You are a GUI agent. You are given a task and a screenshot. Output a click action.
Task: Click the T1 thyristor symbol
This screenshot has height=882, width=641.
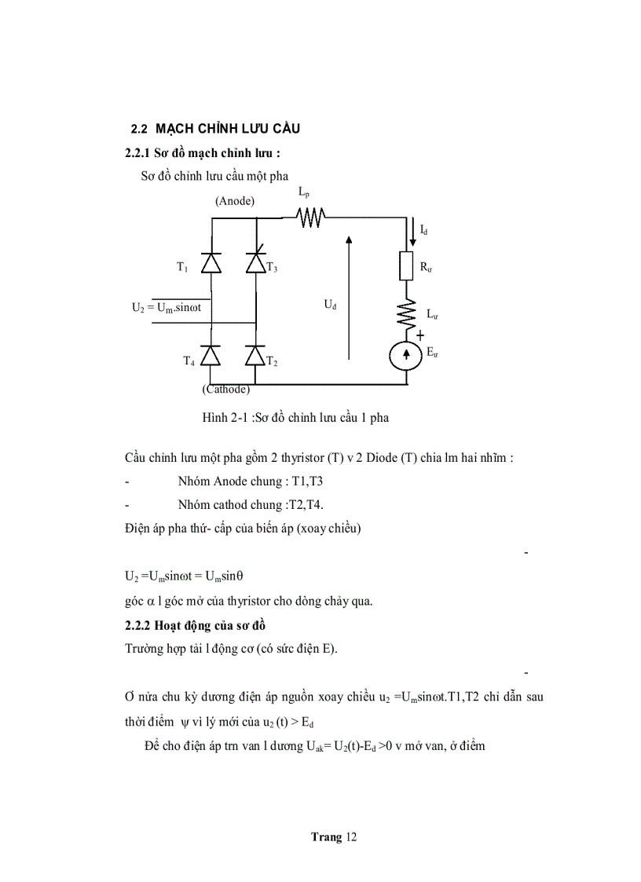[x=211, y=263]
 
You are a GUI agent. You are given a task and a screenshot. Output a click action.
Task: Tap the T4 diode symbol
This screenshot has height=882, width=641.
[x=211, y=356]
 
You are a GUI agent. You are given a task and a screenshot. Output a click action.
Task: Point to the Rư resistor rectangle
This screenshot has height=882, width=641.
[x=407, y=267]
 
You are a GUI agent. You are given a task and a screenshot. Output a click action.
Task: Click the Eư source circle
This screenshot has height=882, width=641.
[x=407, y=355]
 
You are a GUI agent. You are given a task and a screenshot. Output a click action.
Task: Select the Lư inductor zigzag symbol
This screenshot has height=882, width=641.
[x=407, y=313]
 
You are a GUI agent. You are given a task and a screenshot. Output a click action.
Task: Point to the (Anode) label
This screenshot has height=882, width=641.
[x=234, y=201]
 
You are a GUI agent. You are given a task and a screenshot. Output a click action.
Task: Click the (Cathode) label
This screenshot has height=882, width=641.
[x=226, y=389]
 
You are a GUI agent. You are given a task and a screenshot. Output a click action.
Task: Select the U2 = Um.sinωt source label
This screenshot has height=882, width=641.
[x=167, y=308]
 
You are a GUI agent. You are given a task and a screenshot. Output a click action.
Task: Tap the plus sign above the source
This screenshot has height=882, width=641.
[x=420, y=335]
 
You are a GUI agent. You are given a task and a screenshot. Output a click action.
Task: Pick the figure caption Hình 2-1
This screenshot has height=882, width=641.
[x=295, y=418]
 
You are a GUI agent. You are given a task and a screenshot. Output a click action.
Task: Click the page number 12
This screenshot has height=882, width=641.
[x=350, y=837]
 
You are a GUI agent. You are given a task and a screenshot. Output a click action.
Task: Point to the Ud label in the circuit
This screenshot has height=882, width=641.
[x=330, y=303]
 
